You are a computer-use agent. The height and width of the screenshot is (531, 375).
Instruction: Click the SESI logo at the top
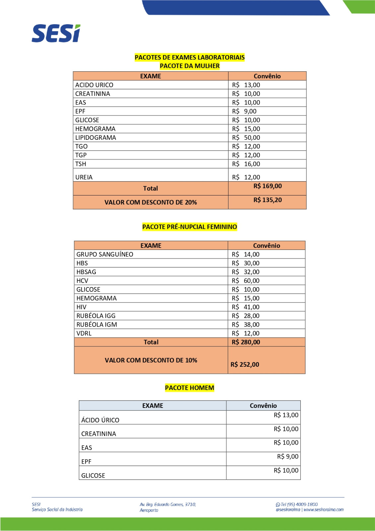(56, 34)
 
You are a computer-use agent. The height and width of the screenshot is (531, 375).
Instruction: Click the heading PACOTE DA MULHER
(190, 66)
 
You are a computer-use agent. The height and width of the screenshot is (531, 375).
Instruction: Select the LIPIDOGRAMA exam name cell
(96, 138)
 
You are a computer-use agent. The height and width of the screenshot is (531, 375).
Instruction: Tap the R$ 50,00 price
(246, 138)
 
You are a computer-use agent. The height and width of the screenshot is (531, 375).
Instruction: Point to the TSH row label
(81, 164)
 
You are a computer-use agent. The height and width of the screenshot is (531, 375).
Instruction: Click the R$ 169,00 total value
(268, 186)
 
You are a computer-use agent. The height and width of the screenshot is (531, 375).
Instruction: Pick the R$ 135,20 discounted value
(268, 200)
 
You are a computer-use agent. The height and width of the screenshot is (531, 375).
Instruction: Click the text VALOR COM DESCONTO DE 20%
(151, 202)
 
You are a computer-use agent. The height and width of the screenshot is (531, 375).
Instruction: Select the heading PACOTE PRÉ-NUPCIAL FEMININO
(190, 227)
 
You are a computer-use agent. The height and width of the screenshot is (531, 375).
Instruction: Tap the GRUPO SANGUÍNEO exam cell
(105, 255)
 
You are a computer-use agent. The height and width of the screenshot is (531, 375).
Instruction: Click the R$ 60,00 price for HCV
(245, 281)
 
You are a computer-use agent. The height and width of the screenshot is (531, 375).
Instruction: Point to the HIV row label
(81, 307)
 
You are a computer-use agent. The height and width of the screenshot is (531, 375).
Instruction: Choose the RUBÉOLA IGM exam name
(97, 325)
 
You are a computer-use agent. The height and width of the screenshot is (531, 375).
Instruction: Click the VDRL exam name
(84, 334)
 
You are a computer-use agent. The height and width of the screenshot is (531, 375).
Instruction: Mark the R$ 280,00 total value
(246, 342)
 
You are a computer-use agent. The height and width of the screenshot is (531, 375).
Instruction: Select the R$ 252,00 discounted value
(245, 364)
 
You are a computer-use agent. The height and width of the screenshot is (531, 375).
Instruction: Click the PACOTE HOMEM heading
(190, 388)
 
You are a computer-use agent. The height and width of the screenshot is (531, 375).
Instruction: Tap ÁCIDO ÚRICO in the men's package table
(100, 420)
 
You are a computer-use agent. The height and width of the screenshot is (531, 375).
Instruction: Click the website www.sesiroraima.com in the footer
(324, 510)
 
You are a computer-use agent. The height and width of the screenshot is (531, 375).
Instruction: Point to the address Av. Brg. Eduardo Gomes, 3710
(168, 504)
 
